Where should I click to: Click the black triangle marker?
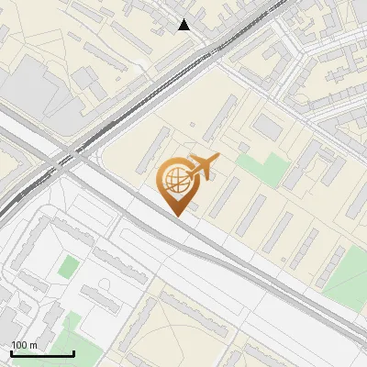coord(184,25)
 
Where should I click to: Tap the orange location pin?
coord(177,183)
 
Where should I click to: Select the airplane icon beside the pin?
coord(204,167)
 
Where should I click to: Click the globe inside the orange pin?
coord(176,179)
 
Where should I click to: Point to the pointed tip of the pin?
coord(177,215)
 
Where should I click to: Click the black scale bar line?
coord(42,354)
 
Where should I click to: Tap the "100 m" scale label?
coord(24,345)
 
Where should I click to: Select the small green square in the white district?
coord(68,267)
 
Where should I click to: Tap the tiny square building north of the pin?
coord(192,125)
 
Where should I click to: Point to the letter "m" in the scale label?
coord(33,345)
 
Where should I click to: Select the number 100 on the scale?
coord(19,345)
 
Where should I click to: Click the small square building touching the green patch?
coord(243,147)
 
